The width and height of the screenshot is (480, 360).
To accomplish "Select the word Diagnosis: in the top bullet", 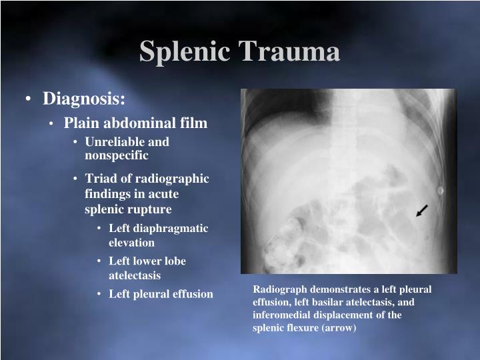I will pos(84,99).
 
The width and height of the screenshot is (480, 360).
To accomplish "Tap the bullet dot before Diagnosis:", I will pos(29,100).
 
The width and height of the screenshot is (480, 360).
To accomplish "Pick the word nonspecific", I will pos(117,155).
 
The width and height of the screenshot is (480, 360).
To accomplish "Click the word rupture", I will pos(151,209).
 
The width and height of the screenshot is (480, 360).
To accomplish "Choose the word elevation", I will pos(132,243).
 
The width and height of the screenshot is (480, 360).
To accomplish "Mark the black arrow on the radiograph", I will pos(421,211).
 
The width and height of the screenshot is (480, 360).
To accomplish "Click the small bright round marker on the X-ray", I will pos(439,191).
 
